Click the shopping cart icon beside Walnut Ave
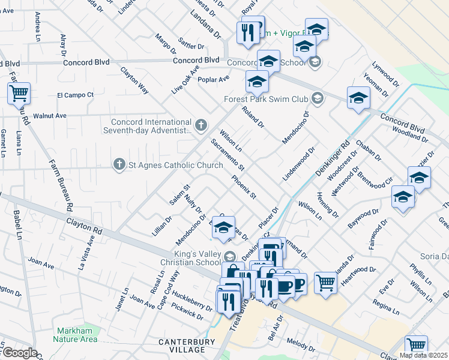point(19,94)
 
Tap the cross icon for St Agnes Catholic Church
point(119,164)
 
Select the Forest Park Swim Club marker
point(317,98)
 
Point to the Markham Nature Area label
point(77,335)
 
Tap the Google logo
point(19,353)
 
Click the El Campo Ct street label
point(75,95)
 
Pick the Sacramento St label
point(228,154)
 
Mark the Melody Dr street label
point(300,344)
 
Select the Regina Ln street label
point(386,308)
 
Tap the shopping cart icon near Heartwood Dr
point(325,281)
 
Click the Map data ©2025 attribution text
point(424,355)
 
